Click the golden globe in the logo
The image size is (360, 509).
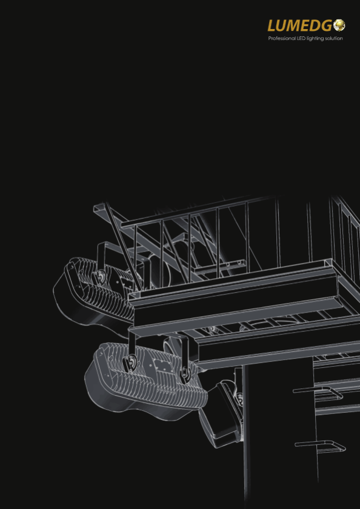[339, 25]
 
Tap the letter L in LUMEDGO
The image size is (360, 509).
[272, 25]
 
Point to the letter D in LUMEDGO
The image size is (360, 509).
[316, 25]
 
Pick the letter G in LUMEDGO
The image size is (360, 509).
[327, 25]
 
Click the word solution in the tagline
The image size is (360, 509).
[333, 38]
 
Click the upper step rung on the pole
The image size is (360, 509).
[318, 391]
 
